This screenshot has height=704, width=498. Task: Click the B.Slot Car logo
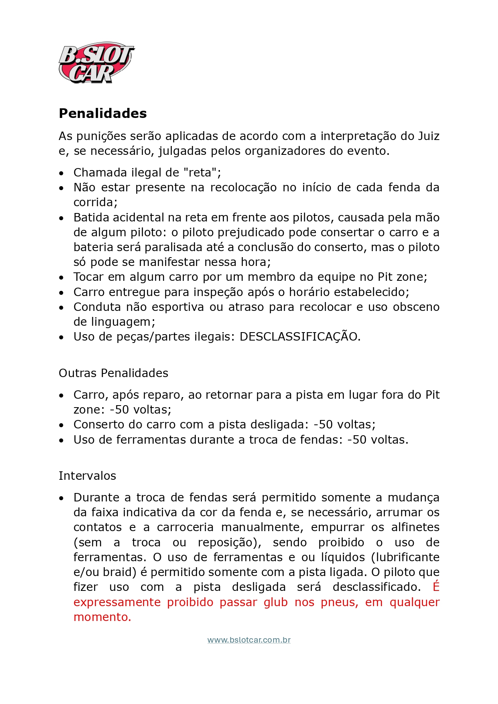[96, 63]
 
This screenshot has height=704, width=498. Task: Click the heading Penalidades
[103, 113]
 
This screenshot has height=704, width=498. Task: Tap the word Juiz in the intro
[429, 136]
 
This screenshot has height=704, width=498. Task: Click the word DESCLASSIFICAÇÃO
[299, 337]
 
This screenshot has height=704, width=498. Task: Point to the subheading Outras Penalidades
[113, 373]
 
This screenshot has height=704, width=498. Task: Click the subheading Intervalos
[87, 476]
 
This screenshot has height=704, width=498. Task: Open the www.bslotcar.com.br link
[249, 640]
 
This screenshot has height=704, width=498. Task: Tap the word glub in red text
[276, 602]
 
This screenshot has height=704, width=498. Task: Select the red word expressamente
[117, 602]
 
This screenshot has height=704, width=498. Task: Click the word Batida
[91, 217]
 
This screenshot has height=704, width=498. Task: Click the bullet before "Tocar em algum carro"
[61, 278]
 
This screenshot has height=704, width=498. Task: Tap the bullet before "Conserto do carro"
[61, 425]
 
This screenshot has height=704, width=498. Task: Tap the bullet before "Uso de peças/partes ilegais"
[61, 337]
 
